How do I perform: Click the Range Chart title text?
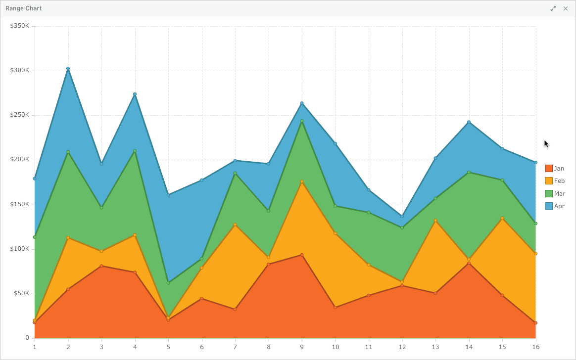tap(24, 8)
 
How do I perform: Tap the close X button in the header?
tap(565, 8)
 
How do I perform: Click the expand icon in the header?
tap(553, 8)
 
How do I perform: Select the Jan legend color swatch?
tap(549, 169)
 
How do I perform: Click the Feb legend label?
tap(559, 181)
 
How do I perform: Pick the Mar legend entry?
tap(555, 194)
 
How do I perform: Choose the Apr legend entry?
tap(555, 206)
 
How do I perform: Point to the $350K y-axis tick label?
tap(19, 26)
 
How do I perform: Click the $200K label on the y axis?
tap(19, 159)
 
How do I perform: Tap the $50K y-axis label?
tap(21, 293)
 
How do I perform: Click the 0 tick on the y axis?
tap(27, 338)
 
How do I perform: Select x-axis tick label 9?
tap(302, 347)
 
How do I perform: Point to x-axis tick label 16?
tap(535, 347)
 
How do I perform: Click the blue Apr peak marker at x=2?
tap(68, 69)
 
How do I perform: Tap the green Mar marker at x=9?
tap(302, 121)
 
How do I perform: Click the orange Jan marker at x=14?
tap(469, 263)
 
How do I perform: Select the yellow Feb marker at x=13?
tap(435, 221)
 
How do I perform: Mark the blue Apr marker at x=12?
tap(402, 217)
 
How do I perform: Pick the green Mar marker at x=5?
tap(168, 283)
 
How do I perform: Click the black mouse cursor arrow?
tap(546, 144)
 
